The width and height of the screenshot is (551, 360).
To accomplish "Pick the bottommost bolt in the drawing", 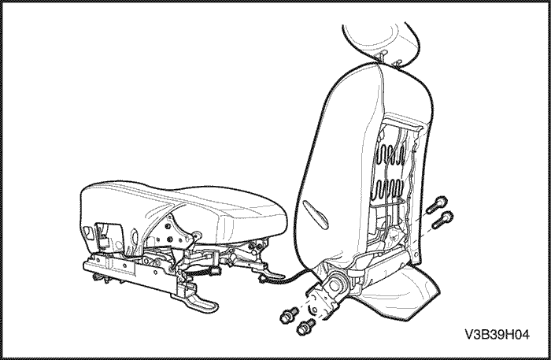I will pos(305,325).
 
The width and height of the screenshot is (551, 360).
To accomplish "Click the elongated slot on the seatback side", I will pos(316,213).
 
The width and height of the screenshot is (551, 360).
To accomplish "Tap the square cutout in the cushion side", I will pos(103,232).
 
